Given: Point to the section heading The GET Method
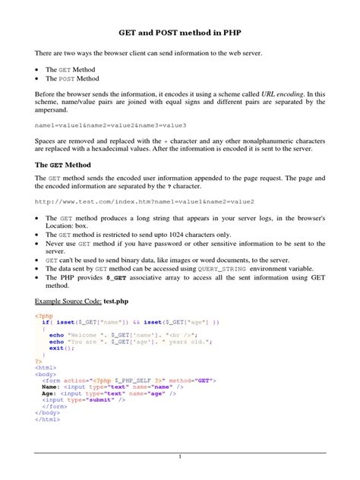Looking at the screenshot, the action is click(x=63, y=164).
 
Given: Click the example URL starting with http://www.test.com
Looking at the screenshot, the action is click(x=144, y=201).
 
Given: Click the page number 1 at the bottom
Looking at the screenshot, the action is click(x=180, y=456).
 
